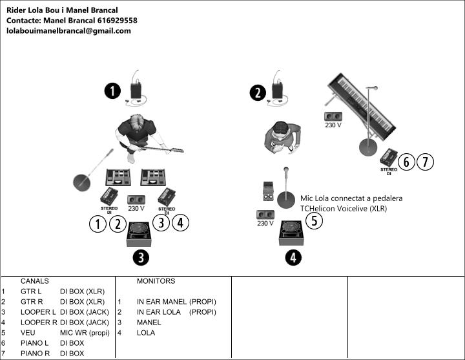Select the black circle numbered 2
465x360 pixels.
[x=258, y=93]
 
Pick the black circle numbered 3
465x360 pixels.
[x=141, y=258]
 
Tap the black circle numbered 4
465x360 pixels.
[x=293, y=258]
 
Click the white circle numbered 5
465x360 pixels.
[x=313, y=220]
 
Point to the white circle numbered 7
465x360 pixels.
[x=424, y=162]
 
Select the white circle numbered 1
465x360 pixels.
[x=98, y=224]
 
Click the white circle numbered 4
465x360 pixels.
[x=180, y=223]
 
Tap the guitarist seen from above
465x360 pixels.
[x=139, y=136]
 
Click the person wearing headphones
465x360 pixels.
[x=283, y=137]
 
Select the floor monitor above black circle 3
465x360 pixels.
[x=141, y=233]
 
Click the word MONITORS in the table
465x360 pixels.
[x=156, y=281]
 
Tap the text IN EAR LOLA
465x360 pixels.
[x=158, y=312]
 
